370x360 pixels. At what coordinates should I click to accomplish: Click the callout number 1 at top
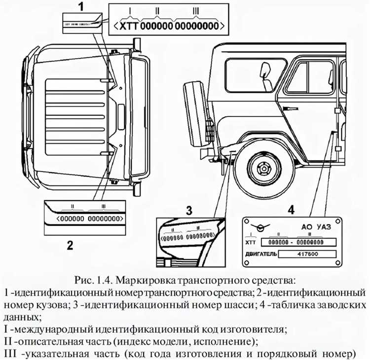coord(81,6)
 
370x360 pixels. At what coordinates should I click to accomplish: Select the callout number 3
coord(189,210)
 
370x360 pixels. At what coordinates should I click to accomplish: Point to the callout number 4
coord(292,210)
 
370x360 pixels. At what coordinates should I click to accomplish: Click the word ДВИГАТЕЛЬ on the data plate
coord(261,254)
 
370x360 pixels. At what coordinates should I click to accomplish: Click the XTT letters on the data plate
coord(251,242)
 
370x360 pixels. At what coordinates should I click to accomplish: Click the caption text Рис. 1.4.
coord(95,281)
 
